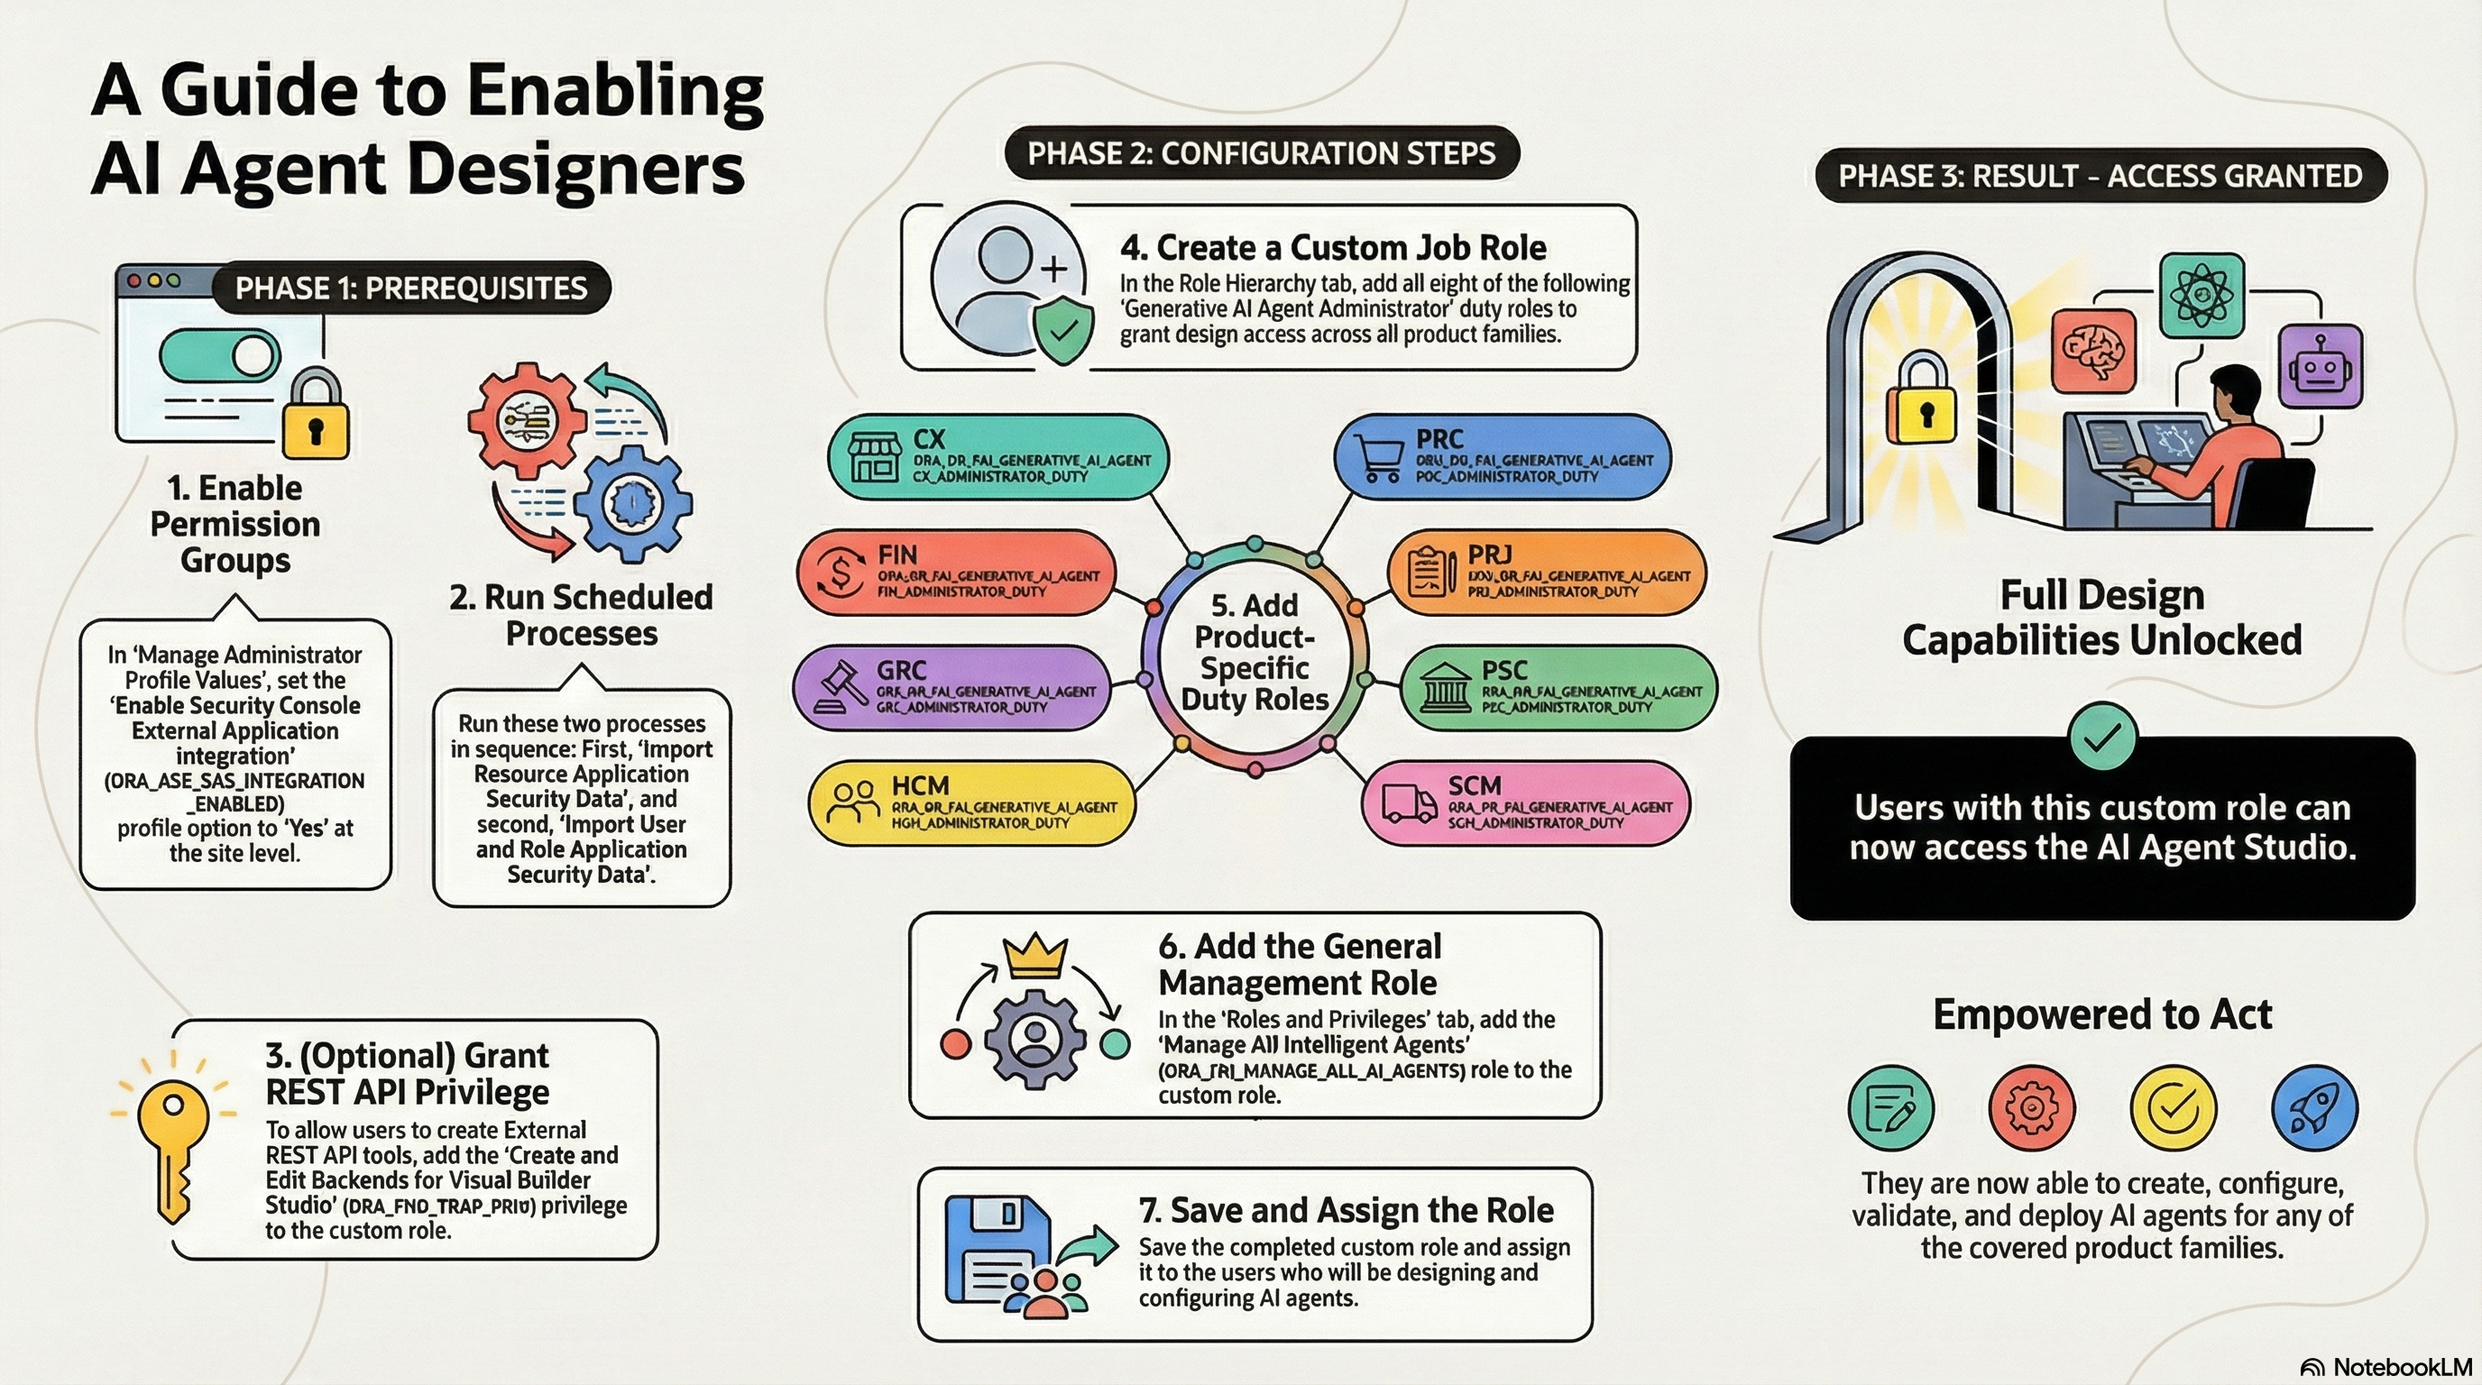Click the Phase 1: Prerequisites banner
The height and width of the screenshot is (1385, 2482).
tap(410, 288)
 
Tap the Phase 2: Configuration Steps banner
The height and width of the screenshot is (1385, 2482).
tap(1260, 153)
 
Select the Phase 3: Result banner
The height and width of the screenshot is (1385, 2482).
tap(2100, 175)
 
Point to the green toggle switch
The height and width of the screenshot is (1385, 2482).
tap(220, 355)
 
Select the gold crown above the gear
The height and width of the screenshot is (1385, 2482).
tap(1034, 956)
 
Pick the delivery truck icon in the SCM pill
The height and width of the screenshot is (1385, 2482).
tap(1409, 803)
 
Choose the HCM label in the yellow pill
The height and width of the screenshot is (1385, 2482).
tap(920, 785)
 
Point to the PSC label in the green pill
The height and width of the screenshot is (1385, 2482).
tap(1504, 670)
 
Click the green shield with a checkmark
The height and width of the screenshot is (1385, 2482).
tap(1062, 330)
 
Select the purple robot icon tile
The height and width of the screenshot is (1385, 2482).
tap(2321, 366)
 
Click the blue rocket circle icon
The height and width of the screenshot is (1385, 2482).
tap(2314, 1107)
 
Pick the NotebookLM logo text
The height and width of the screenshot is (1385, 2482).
tap(2402, 1367)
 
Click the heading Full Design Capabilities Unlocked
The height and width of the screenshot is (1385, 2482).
tap(2101, 618)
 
